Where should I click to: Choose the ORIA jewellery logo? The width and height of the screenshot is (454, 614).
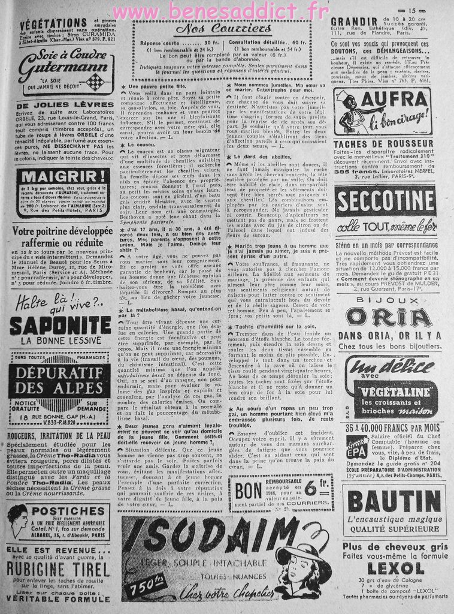(389, 317)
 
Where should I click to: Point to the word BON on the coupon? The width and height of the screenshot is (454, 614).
(248, 492)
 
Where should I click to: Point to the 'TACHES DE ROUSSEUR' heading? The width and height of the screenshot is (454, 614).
(376, 144)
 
